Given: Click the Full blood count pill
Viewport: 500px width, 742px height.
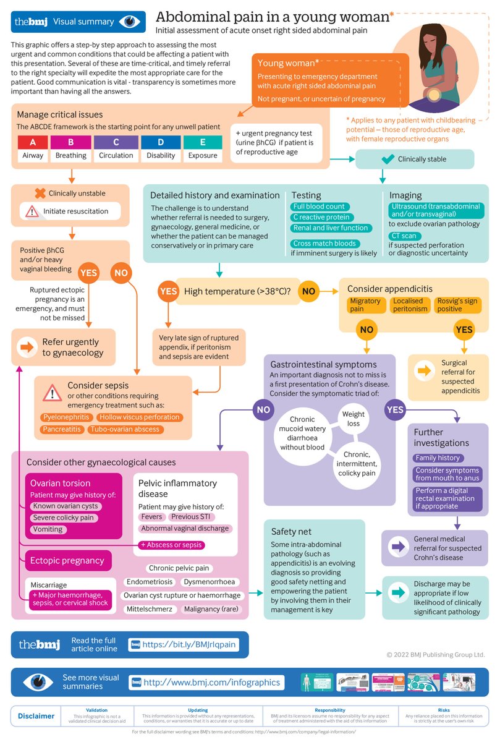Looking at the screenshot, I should pos(320,207).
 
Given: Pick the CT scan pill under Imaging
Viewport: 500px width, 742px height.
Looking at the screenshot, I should pos(405,236).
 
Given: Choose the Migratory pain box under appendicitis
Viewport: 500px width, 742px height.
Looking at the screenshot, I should pos(365,305).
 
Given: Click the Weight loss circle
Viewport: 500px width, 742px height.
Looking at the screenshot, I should pos(353,419).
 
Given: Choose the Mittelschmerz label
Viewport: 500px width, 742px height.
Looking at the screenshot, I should pos(150,609).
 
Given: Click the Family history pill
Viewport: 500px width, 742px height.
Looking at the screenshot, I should pos(438,458).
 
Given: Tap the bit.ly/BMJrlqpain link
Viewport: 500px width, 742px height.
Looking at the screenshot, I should pos(189,644).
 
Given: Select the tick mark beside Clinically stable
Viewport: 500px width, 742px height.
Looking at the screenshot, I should pos(388,159).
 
